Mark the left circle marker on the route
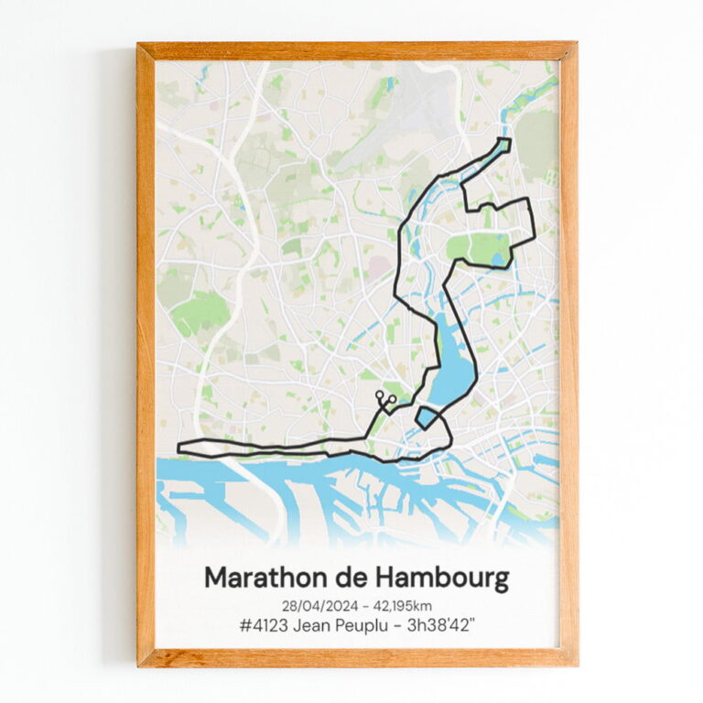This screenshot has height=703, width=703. (x=379, y=395)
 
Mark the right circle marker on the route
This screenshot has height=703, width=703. (x=392, y=399)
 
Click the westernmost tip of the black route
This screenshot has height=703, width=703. (x=178, y=447)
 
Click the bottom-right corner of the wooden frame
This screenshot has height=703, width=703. (x=575, y=664)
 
